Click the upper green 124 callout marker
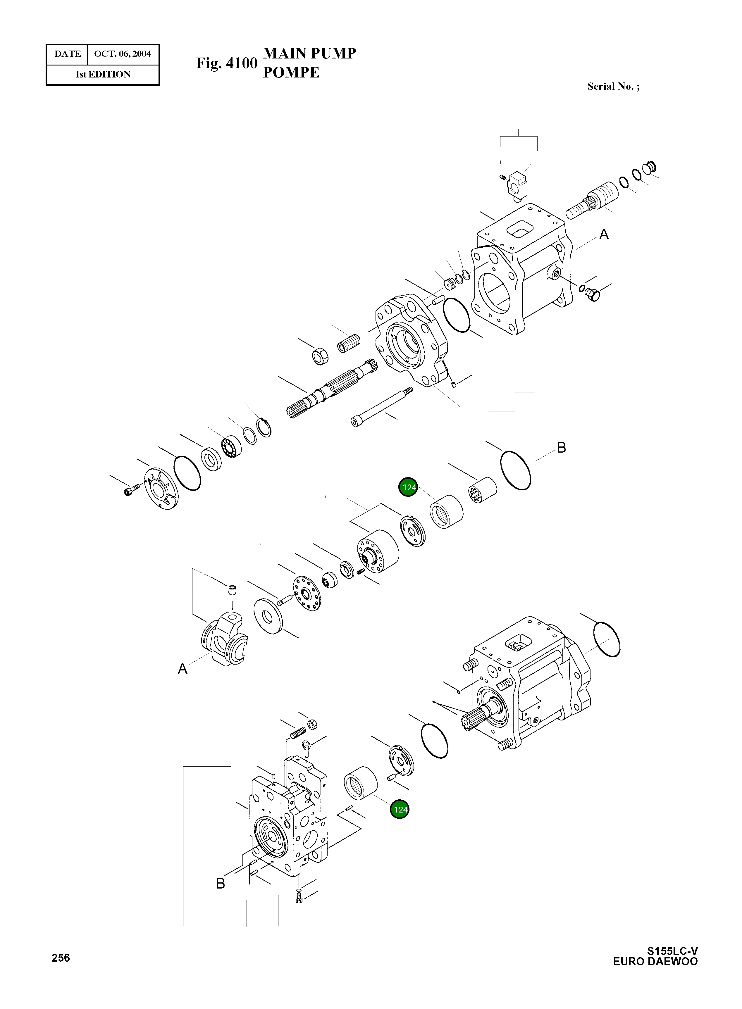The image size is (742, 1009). point(408,487)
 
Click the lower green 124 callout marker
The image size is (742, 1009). point(399,810)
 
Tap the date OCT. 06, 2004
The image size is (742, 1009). point(122,54)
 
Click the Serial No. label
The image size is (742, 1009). point(613,87)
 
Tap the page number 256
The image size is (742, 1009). point(61,958)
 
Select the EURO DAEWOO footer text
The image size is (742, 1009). point(655,961)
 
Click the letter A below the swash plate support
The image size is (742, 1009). point(183,669)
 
